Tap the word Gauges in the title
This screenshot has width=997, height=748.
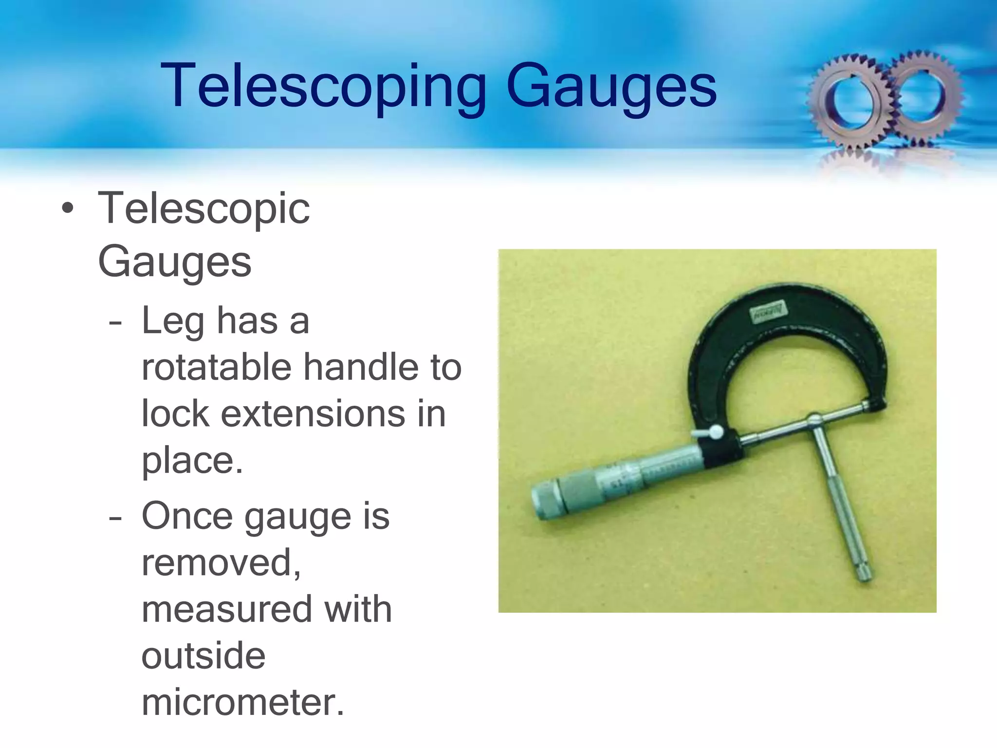pyautogui.click(x=611, y=87)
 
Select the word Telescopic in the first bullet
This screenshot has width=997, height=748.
pyautogui.click(x=203, y=208)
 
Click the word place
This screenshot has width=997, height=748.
pyautogui.click(x=192, y=461)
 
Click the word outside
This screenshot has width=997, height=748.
pyautogui.click(x=203, y=655)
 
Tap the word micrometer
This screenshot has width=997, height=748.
pyautogui.click(x=242, y=702)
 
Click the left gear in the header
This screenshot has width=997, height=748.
pyautogui.click(x=849, y=100)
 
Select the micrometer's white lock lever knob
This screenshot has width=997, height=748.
pyautogui.click(x=716, y=431)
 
